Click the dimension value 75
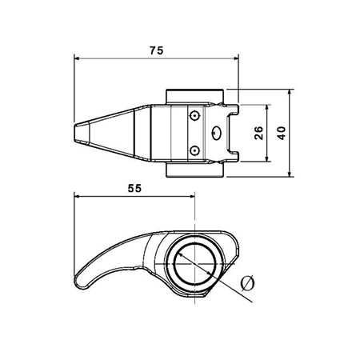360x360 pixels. tap(156, 50)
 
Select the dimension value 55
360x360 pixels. tap(134, 189)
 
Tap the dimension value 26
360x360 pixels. tap(258, 133)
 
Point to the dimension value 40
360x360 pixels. tap(281, 133)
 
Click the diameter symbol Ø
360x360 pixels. tap(247, 283)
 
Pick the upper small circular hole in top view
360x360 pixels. tap(195, 116)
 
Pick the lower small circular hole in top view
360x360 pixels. tap(195, 151)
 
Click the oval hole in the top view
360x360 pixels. tap(217, 133)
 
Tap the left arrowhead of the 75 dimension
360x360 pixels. tap(77, 58)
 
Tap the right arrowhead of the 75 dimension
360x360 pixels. tap(235, 58)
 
